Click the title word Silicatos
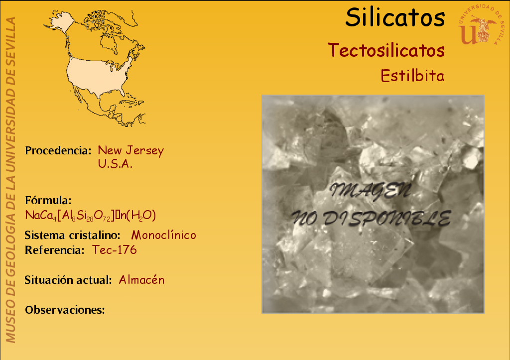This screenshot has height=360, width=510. click(x=395, y=17)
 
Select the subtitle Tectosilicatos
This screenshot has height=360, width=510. click(x=386, y=50)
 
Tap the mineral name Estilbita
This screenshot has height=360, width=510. click(x=412, y=76)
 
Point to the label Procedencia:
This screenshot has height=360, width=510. click(x=58, y=150)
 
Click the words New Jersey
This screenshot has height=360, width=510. click(x=131, y=150)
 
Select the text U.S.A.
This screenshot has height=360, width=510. click(x=115, y=164)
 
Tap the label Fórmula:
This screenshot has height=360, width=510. click(x=48, y=200)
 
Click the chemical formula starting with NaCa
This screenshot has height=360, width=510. click(x=91, y=215)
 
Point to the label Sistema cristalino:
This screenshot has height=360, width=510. click(x=73, y=235)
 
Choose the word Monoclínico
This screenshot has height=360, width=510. click(x=163, y=235)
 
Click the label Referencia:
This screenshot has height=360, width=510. click(x=55, y=250)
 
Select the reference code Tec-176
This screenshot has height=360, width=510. click(x=114, y=250)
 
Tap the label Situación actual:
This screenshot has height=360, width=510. click(x=68, y=280)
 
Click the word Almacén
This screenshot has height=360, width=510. click(x=141, y=280)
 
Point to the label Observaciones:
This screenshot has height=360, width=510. click(x=65, y=310)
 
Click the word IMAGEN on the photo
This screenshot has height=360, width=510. click(x=370, y=191)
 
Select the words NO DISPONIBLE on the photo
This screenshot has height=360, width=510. click(x=371, y=218)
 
